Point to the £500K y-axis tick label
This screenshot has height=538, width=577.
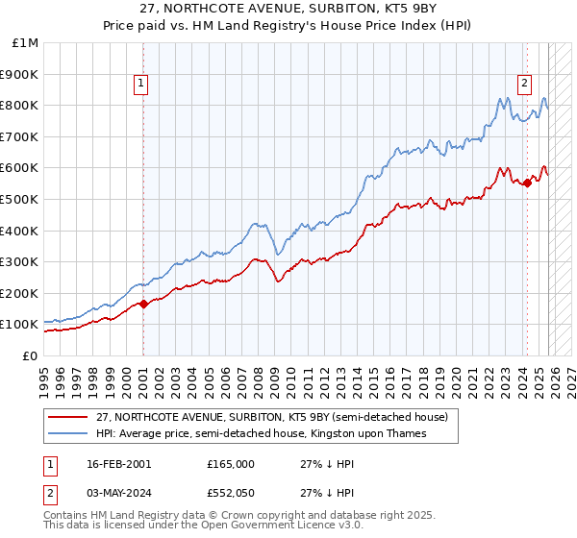coord(20,200)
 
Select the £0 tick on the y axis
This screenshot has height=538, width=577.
coord(30,356)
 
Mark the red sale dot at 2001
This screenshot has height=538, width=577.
coord(143,304)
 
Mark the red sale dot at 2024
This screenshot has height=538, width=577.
coord(527,183)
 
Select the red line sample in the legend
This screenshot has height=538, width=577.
coord(67,418)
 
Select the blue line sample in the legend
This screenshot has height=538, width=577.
coord(67,434)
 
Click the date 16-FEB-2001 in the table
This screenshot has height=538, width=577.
coord(118,463)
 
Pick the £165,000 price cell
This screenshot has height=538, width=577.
coord(230,463)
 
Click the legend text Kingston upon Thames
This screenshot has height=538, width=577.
coord(376,434)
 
